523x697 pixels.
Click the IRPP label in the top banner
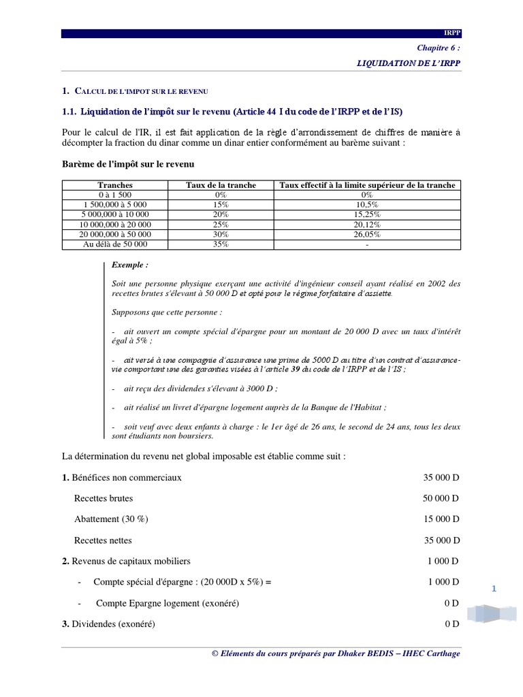(451, 33)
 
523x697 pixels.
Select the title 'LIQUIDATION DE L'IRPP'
(409, 63)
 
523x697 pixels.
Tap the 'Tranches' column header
(115, 185)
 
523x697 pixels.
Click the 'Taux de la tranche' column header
(221, 185)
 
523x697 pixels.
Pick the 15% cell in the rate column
(221, 204)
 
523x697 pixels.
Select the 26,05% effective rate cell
(367, 233)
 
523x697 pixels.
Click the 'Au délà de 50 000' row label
(115, 244)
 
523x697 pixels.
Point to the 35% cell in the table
(221, 244)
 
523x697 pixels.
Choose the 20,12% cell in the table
(367, 224)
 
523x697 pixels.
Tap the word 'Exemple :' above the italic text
(129, 265)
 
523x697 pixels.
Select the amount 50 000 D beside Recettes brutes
(441, 498)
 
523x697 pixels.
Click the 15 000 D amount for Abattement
(441, 519)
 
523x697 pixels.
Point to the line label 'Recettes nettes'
(103, 540)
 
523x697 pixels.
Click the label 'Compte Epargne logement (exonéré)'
(168, 603)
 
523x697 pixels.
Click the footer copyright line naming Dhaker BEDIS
(336, 653)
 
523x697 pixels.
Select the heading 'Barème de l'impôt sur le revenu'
(129, 164)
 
